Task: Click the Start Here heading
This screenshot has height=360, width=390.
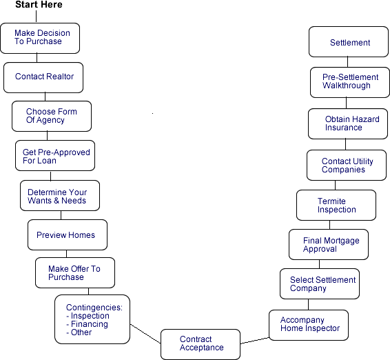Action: (x=39, y=4)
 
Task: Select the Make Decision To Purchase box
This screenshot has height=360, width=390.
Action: (x=40, y=39)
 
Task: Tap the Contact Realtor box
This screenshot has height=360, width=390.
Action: (x=43, y=78)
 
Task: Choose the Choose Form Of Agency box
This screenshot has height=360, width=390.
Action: (x=52, y=117)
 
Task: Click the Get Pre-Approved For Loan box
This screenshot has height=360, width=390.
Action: (x=55, y=156)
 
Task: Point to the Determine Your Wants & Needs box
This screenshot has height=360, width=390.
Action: (x=60, y=196)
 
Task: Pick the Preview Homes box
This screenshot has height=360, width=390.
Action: (x=68, y=234)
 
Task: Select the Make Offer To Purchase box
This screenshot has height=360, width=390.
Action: (x=75, y=273)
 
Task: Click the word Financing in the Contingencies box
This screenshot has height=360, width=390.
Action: (x=90, y=324)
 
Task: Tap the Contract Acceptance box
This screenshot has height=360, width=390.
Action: (x=201, y=344)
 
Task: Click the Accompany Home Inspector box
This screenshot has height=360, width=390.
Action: (x=309, y=325)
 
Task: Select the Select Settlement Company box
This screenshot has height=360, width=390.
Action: (x=320, y=284)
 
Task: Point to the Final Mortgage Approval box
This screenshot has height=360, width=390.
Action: (x=329, y=244)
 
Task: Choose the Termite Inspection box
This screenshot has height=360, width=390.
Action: (x=336, y=205)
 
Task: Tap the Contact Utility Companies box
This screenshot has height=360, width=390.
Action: (x=347, y=165)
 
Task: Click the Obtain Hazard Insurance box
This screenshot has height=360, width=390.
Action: (x=348, y=123)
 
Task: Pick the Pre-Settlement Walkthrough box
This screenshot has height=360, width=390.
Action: (x=350, y=82)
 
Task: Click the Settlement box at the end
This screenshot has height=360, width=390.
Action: (x=349, y=42)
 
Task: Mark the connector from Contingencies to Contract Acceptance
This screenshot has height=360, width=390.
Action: (x=145, y=334)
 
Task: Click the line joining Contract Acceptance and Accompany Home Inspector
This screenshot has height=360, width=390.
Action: (x=255, y=341)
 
